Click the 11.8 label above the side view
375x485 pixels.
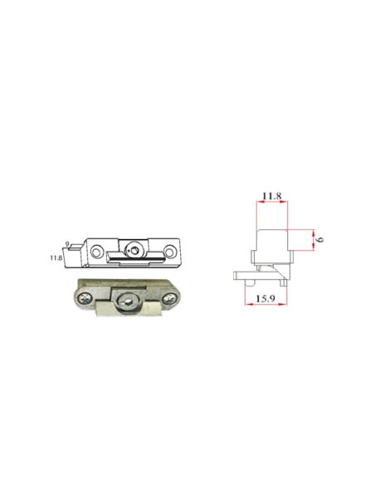point(272,196)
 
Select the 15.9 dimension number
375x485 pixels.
point(265,298)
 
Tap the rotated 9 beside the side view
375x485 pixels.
point(320,239)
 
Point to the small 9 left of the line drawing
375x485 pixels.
point(67,244)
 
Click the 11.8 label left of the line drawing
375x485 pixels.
point(56,257)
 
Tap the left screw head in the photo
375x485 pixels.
point(85,298)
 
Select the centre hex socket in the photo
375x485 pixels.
point(128,301)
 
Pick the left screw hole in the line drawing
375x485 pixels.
point(97,251)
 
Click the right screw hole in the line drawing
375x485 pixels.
point(170,251)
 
